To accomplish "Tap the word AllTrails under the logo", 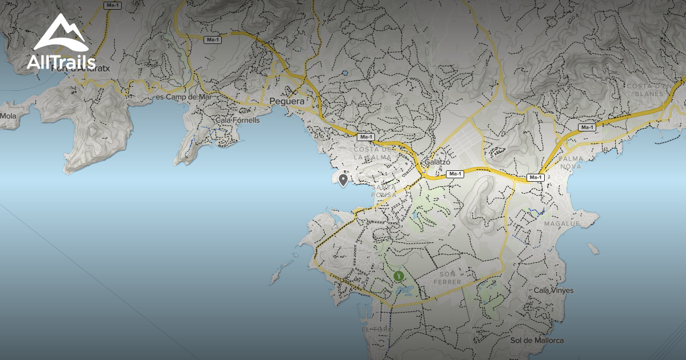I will click(61, 62).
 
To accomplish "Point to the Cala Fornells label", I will click(238, 121).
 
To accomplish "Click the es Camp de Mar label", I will click(184, 97).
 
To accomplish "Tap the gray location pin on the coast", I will click(343, 181).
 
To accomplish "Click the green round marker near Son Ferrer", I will click(399, 276).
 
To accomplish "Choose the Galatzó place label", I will click(437, 162).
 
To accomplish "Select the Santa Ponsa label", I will click(384, 191).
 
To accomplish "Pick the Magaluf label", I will click(562, 223).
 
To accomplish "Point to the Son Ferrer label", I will click(447, 278).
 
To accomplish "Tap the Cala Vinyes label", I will click(553, 290).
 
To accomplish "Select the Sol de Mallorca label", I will click(537, 341).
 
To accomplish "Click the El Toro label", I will click(378, 330).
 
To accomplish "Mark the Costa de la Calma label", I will click(373, 153).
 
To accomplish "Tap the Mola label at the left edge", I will click(8, 116).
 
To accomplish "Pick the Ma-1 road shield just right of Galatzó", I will click(454, 174).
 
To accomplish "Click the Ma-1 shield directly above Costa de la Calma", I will click(365, 137).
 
